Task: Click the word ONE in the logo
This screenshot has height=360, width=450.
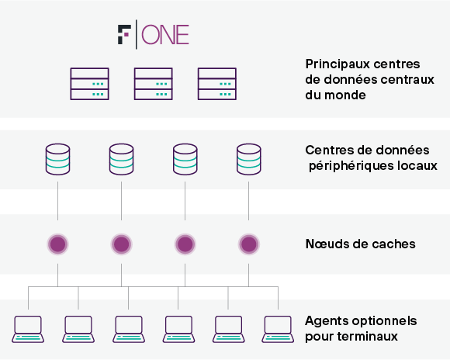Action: tap(165, 35)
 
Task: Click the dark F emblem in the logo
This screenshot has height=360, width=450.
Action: tap(124, 34)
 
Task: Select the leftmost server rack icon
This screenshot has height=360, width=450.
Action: tap(89, 84)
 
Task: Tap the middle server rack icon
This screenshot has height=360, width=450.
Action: tap(154, 84)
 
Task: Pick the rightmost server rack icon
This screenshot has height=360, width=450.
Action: tap(217, 84)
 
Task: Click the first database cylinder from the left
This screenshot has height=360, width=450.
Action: tap(57, 159)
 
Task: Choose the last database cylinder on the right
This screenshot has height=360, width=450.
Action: tap(249, 159)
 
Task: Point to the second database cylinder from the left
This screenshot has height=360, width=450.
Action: tap(121, 159)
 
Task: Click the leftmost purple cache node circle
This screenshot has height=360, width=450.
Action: tap(57, 244)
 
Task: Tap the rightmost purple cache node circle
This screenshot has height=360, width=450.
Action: tap(249, 244)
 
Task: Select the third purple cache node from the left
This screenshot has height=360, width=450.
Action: tap(185, 244)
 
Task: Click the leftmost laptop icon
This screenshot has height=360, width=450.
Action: tap(28, 329)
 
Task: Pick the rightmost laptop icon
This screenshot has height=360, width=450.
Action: tap(278, 329)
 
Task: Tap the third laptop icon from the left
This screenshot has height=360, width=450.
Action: tap(129, 329)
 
